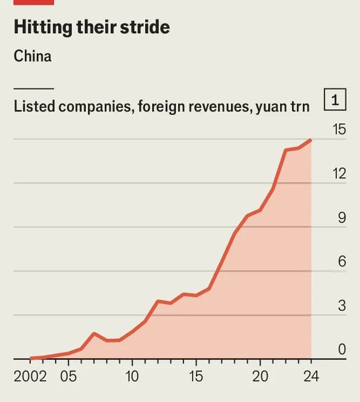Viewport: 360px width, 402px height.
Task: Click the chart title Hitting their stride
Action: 91,27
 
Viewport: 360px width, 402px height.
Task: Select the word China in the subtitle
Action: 33,57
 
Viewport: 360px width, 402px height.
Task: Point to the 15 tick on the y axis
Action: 339,129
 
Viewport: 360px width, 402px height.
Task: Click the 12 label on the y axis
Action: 339,173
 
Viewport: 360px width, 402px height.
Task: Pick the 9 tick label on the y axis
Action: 342,218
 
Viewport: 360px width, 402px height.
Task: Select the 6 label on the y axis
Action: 342,262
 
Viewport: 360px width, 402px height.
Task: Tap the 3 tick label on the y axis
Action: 342,306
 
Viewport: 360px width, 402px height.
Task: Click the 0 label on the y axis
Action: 342,350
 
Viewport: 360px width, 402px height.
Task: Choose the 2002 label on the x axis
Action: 30,377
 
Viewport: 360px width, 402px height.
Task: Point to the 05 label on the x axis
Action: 68,377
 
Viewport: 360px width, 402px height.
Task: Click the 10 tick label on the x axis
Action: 132,377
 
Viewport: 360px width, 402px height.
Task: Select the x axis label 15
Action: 196,377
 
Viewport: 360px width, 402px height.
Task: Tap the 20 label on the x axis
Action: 260,377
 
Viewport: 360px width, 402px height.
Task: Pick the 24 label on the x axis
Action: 311,377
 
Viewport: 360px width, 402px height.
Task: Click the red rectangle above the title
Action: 34,2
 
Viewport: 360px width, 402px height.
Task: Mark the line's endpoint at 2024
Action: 311,140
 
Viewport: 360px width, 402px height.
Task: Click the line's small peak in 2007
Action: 94,333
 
